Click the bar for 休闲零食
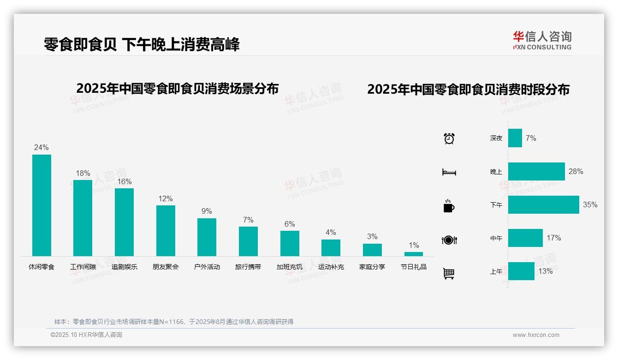coord(42,205)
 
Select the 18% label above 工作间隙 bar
coord(83,174)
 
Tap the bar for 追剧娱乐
coord(124,222)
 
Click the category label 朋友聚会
coord(166,267)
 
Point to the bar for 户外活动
coord(207,237)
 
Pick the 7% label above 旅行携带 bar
coord(248,220)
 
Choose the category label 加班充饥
coord(290,267)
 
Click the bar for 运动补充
coord(331,248)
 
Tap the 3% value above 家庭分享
coord(372,237)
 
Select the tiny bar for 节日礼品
coord(414,254)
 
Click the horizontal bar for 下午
coord(543,204)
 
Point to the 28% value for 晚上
coord(576,171)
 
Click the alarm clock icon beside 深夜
coord(449,138)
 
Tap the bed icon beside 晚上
coord(449,172)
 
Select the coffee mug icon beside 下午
coord(449,206)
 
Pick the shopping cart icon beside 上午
coord(449,273)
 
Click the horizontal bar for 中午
coord(525,238)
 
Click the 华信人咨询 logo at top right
coord(542,40)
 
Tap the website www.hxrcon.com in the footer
coord(536,335)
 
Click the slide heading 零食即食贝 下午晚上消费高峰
coord(142,44)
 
